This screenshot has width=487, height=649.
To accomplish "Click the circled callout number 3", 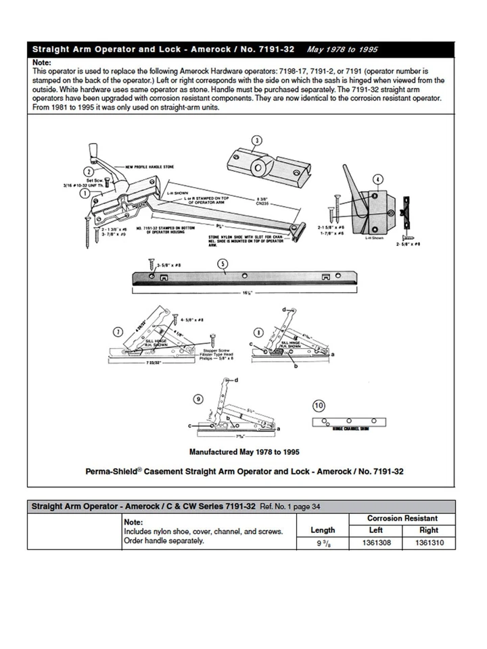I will pos(256,141).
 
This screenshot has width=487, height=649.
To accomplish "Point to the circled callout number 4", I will pos(377,179).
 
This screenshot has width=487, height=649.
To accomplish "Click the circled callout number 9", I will pos(198,399).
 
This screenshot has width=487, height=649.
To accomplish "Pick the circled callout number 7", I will pos(118,331).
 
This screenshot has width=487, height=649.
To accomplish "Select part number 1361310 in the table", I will pos(430,543).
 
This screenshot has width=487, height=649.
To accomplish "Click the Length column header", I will pos(323,531).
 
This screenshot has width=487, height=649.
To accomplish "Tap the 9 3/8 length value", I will pos(323,543).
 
